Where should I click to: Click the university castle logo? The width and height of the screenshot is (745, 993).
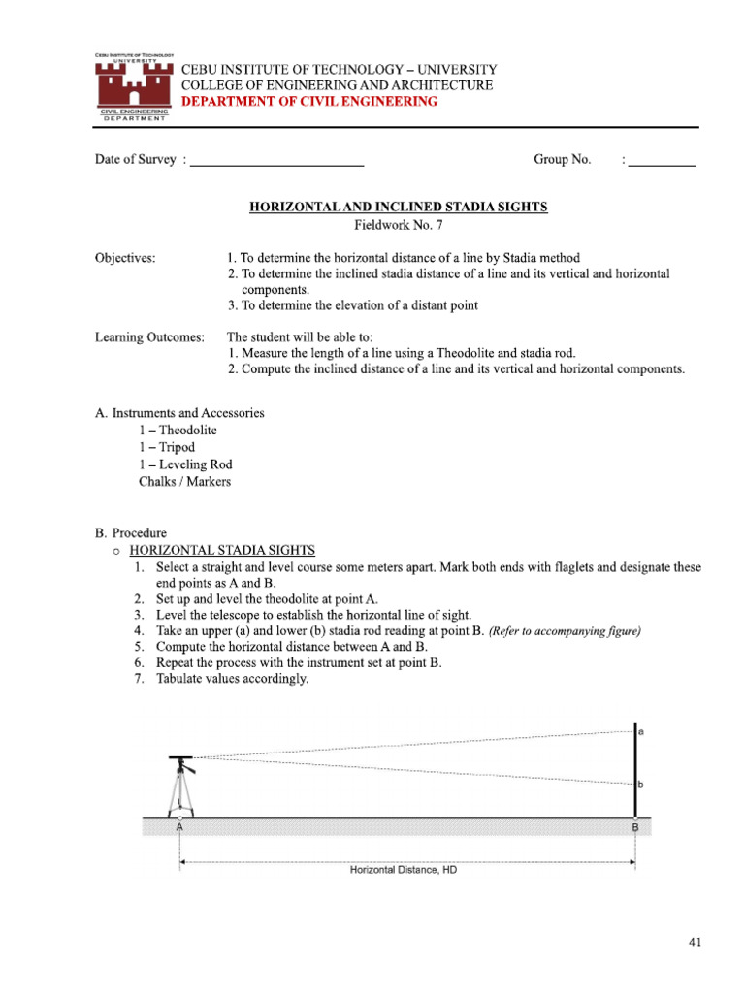[133, 86]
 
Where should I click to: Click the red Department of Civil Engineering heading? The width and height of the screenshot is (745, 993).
[309, 102]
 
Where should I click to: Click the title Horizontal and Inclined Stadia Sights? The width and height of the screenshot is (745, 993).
[399, 207]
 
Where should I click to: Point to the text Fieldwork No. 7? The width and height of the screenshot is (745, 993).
[399, 225]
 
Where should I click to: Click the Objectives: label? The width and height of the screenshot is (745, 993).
[125, 258]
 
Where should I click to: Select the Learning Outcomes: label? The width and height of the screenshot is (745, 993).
[149, 337]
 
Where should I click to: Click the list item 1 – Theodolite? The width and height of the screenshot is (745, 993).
[178, 430]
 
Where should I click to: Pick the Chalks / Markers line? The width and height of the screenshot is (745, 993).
[184, 482]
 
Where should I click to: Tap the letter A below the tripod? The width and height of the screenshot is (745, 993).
[179, 829]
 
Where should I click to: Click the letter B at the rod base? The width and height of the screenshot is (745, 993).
[635, 828]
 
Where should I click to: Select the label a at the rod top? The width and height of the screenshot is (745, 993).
[642, 732]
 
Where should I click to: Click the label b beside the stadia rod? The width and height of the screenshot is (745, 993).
[642, 784]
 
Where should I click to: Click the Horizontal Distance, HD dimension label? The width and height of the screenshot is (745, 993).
[403, 870]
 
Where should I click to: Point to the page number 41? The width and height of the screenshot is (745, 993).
[696, 942]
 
